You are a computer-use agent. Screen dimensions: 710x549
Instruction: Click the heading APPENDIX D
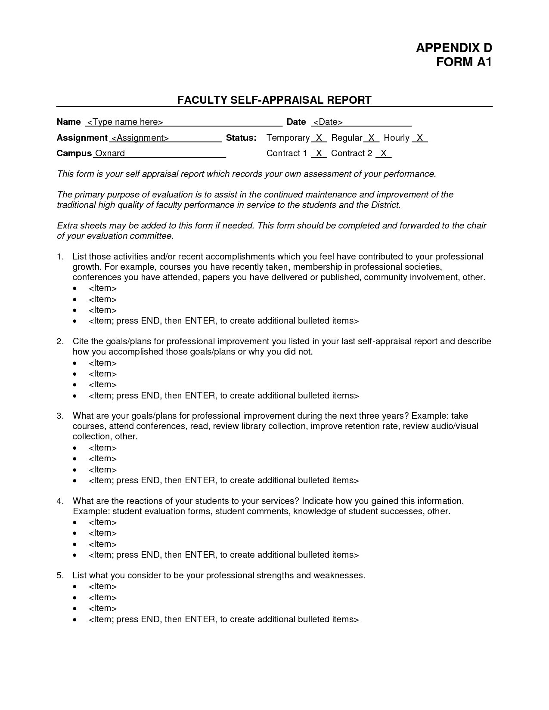click(x=453, y=48)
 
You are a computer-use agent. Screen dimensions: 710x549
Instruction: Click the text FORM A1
click(x=463, y=62)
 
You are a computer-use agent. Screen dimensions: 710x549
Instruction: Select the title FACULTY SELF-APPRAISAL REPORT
click(x=274, y=100)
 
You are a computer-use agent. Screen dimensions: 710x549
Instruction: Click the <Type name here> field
click(x=125, y=122)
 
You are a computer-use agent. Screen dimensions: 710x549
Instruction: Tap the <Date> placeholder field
click(x=328, y=122)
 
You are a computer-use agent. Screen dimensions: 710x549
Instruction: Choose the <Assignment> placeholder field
click(x=140, y=138)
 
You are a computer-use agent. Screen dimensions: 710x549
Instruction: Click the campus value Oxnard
click(x=110, y=154)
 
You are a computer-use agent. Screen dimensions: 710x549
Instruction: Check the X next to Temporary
click(x=319, y=138)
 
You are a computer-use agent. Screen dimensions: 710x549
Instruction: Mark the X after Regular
click(x=371, y=138)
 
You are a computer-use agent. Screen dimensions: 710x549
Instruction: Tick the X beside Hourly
click(x=420, y=138)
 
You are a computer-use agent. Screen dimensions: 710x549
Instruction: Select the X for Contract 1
click(x=319, y=154)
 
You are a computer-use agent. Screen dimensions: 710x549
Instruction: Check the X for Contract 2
click(x=384, y=154)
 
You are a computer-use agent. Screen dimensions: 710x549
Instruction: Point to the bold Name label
click(x=69, y=122)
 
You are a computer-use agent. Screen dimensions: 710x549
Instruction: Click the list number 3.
click(x=60, y=416)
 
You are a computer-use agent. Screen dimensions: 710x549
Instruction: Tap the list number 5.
click(x=60, y=576)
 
